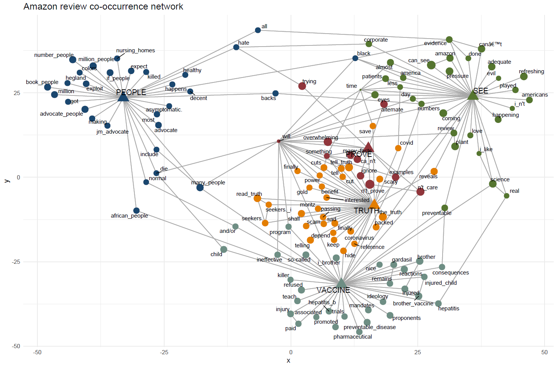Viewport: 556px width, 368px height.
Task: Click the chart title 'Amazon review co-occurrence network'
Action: [103, 6]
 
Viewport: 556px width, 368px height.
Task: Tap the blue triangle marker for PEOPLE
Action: [123, 97]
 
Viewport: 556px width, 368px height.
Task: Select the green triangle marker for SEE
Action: [473, 95]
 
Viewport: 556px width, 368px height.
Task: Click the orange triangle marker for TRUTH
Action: [374, 204]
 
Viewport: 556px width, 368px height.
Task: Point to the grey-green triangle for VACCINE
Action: [341, 283]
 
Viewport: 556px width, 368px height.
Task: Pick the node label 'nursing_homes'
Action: [136, 50]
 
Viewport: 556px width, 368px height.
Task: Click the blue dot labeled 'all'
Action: [258, 30]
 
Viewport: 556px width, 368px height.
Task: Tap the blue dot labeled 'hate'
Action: [236, 47]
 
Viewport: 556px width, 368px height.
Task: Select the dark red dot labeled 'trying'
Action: [302, 86]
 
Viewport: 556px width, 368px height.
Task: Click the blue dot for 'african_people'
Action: [136, 211]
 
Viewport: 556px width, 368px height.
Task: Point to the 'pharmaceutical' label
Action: [352, 337]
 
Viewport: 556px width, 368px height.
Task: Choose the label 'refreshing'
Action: [531, 71]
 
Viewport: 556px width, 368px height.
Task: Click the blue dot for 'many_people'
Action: [200, 187]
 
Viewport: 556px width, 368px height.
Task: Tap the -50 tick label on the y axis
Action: [16, 346]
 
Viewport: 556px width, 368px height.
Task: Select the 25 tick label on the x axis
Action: [417, 352]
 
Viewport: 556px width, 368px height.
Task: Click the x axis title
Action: [288, 361]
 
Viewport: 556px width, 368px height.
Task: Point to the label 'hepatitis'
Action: [449, 308]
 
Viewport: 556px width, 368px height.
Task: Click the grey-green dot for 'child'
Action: [224, 249]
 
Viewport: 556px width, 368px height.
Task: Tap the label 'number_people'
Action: [54, 55]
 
